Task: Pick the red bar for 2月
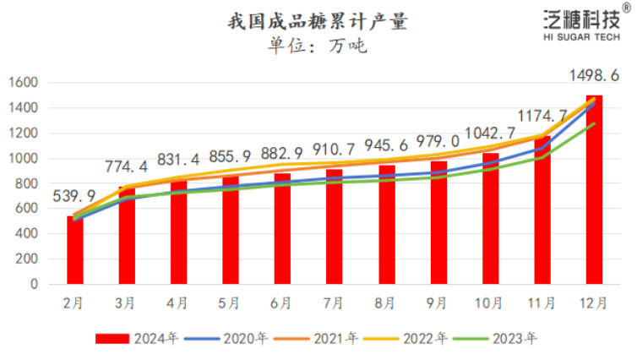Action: [75, 251]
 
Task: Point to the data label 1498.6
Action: [595, 76]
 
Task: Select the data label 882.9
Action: [283, 155]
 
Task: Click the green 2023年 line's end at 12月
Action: [594, 123]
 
